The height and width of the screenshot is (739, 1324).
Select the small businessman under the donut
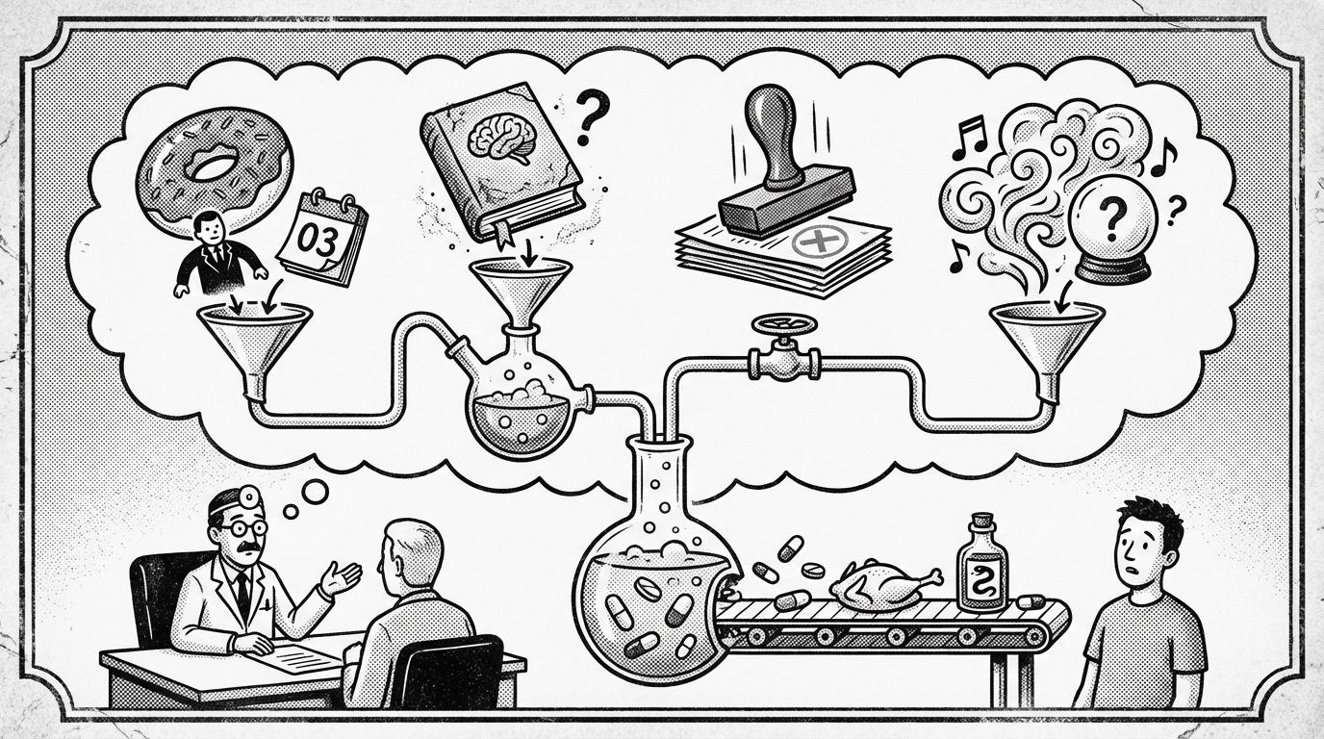pyautogui.click(x=218, y=253)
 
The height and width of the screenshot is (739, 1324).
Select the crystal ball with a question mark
pyautogui.click(x=1112, y=231)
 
